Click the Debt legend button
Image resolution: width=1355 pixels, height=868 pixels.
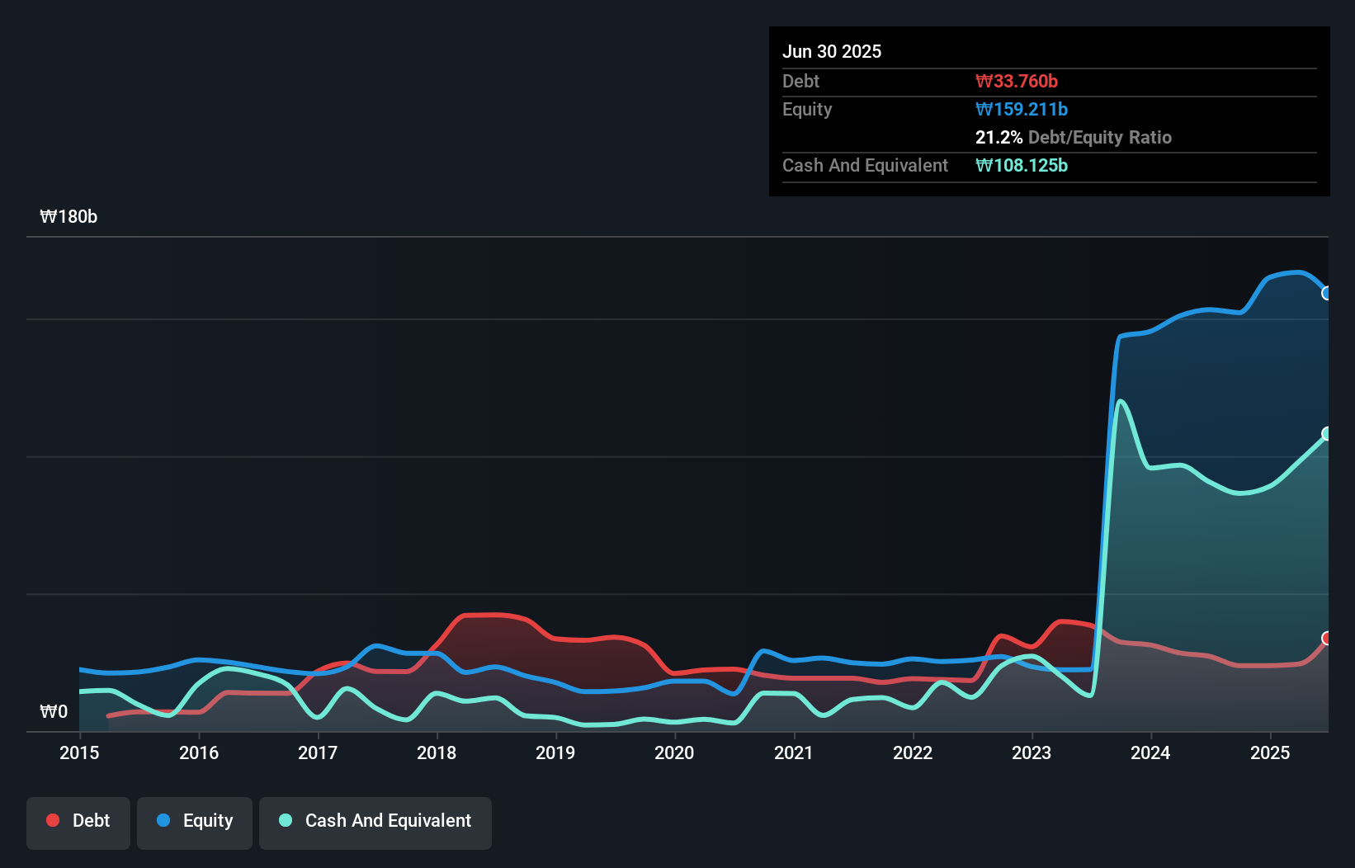pyautogui.click(x=78, y=822)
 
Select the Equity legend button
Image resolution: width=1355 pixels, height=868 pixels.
pyautogui.click(x=195, y=822)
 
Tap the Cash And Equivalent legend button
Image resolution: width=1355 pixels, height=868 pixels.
pyautogui.click(x=375, y=822)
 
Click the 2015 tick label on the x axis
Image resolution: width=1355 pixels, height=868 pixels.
pyautogui.click(x=79, y=752)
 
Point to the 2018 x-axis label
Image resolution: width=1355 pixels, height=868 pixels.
pyautogui.click(x=437, y=752)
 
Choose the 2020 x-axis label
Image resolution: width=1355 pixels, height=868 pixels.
pyautogui.click(x=674, y=752)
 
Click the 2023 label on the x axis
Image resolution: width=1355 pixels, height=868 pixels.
pyautogui.click(x=1032, y=752)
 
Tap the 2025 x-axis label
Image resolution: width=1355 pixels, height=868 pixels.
pyautogui.click(x=1269, y=752)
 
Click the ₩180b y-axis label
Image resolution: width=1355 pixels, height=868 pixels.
pyautogui.click(x=68, y=217)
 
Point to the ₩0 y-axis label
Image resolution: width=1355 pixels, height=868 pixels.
pyautogui.click(x=54, y=711)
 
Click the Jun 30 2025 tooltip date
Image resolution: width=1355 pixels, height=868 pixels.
pyautogui.click(x=832, y=51)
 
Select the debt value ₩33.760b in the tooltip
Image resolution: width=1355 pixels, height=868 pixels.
pyautogui.click(x=1016, y=81)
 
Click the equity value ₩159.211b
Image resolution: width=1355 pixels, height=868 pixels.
pyautogui.click(x=1021, y=109)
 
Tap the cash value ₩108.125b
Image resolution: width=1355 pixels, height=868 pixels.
pyautogui.click(x=1021, y=165)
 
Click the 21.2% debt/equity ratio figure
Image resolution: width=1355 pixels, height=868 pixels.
pyautogui.click(x=999, y=137)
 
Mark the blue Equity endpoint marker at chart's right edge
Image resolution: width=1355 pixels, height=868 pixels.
pyautogui.click(x=1326, y=293)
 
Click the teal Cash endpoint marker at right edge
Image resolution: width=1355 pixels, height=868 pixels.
pyautogui.click(x=1326, y=433)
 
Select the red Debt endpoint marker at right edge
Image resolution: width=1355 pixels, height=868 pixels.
pyautogui.click(x=1326, y=638)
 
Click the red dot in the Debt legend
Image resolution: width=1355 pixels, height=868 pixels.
pyautogui.click(x=53, y=820)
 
